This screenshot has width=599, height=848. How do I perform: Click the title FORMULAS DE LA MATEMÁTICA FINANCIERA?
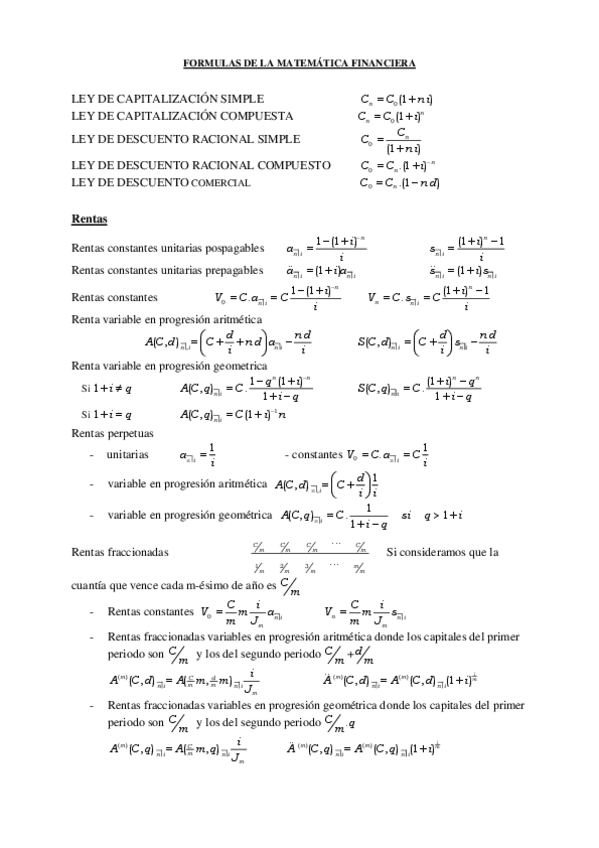pos(300,63)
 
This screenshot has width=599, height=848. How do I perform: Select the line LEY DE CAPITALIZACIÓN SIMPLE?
pos(168,100)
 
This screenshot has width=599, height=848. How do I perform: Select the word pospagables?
pos(233,246)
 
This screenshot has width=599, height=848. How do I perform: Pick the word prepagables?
pos(233,269)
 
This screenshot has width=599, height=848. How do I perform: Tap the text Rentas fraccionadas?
pos(120,551)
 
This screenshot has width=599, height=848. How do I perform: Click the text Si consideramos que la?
pos(442,551)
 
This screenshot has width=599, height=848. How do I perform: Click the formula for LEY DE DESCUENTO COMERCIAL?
pos(400,183)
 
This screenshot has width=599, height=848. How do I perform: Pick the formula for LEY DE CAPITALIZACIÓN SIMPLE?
pos(396,100)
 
